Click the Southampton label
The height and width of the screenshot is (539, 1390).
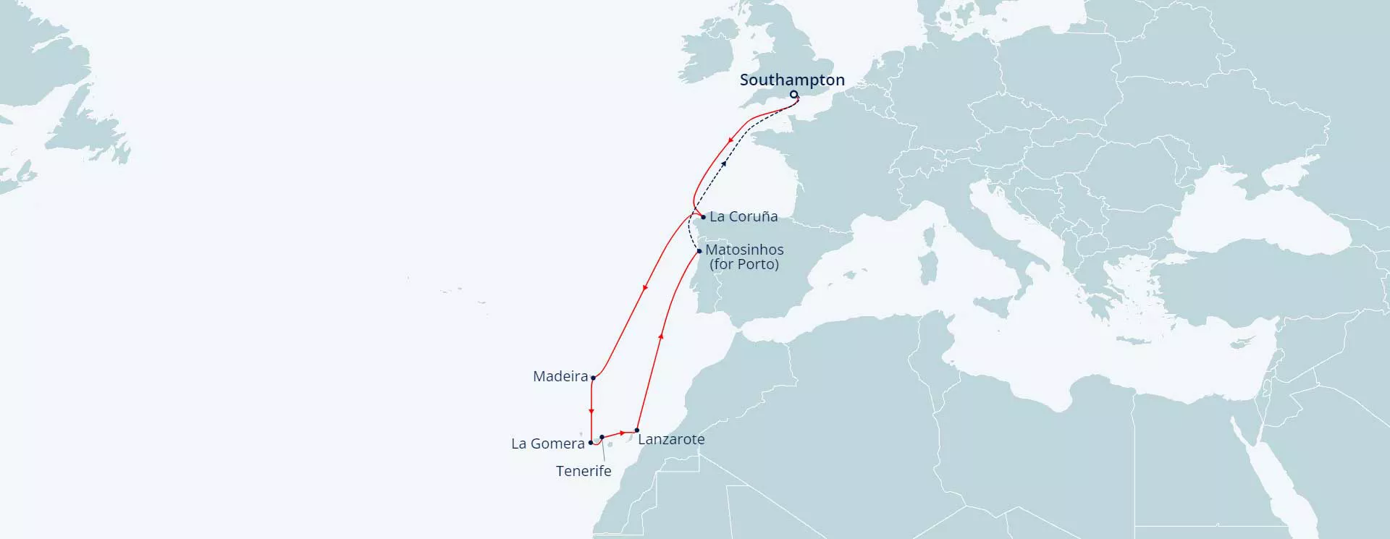click(x=792, y=80)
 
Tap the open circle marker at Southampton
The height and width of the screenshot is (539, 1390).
click(x=793, y=94)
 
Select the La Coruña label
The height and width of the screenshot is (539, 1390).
click(x=744, y=216)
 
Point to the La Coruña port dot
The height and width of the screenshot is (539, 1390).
click(x=703, y=217)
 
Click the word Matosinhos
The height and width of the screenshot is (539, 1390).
click(x=744, y=250)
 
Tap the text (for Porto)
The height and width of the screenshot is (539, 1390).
click(x=744, y=264)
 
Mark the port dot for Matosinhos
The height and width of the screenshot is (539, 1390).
click(x=699, y=251)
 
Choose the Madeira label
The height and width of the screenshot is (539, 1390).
click(x=560, y=376)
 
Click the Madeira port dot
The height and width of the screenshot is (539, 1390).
click(x=593, y=378)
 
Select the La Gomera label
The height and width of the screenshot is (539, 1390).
click(x=548, y=443)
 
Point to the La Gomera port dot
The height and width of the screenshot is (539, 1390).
click(x=591, y=443)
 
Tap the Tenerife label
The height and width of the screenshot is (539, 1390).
click(x=584, y=471)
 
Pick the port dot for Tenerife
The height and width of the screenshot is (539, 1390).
click(x=602, y=438)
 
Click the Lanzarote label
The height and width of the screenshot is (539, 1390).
click(x=671, y=439)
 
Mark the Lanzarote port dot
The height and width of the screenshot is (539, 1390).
click(x=637, y=430)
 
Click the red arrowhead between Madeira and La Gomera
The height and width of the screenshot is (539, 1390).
click(x=591, y=411)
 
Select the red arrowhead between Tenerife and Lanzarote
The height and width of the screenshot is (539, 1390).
click(x=623, y=433)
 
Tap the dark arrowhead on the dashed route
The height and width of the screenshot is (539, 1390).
click(x=724, y=164)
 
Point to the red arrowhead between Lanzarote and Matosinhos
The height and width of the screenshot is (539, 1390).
click(x=661, y=336)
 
